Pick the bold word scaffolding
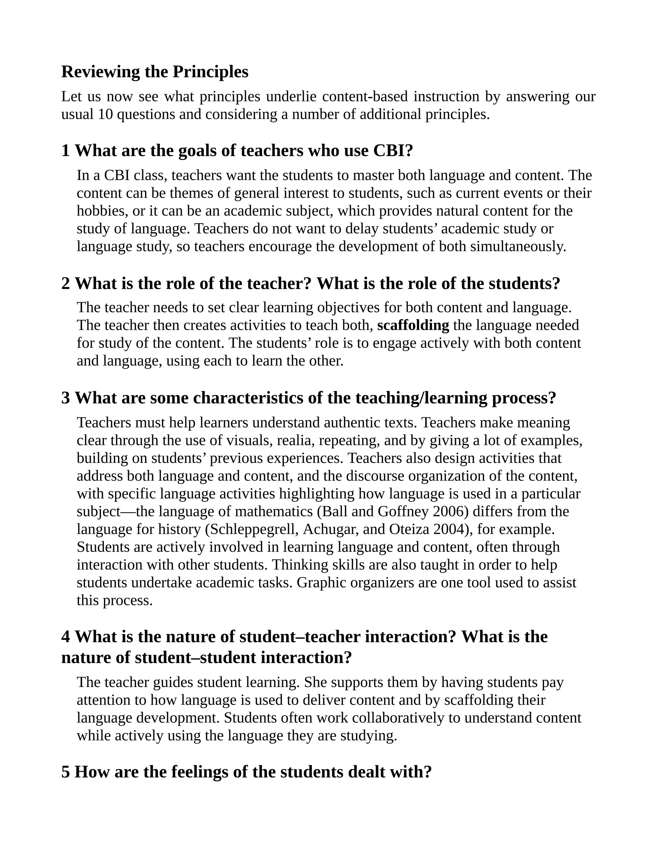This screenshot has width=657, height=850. (x=413, y=325)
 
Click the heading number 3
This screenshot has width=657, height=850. (x=66, y=398)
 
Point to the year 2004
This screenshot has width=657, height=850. (x=449, y=530)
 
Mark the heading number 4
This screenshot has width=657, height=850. (x=66, y=637)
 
